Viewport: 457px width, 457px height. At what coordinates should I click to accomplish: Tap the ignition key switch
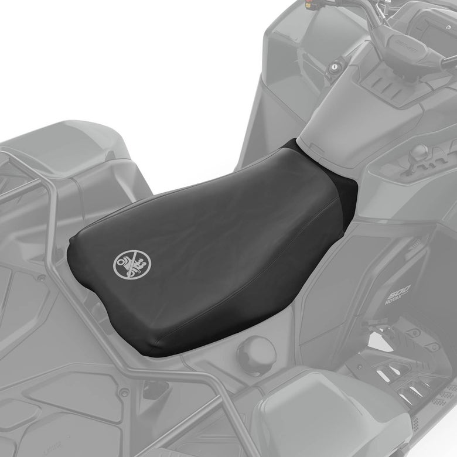(337, 65)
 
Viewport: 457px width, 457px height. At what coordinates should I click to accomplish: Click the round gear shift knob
(420, 151)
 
